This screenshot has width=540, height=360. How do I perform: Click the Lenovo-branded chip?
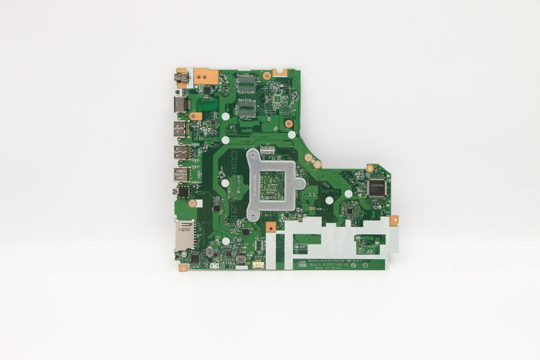click(377, 187)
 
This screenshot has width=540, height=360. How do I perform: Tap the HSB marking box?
click(303, 264)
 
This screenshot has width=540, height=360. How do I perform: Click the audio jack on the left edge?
click(180, 191)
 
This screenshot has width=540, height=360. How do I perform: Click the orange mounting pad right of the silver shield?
click(394, 220)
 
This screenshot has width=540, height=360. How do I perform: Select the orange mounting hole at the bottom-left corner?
click(183, 267)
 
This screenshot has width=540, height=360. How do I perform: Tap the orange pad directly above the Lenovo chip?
click(370, 168)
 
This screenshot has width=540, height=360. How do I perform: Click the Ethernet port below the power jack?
click(180, 104)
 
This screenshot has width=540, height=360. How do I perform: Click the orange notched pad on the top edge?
click(279, 71)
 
